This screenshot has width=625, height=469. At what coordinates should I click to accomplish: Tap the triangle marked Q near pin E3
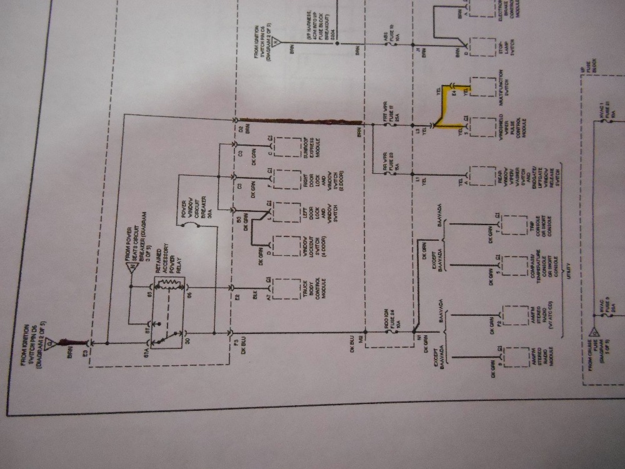click(x=65, y=342)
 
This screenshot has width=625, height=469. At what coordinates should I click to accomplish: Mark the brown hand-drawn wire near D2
click(x=300, y=120)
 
